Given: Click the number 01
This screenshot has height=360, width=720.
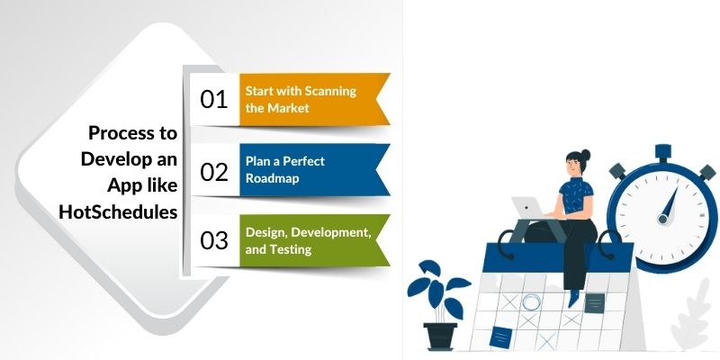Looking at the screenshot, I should click(214, 99).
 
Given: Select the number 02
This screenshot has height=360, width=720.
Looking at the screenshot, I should click(214, 171).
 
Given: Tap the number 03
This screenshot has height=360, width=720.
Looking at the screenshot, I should click(214, 240).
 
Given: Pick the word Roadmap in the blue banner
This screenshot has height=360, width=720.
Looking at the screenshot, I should click(273, 178).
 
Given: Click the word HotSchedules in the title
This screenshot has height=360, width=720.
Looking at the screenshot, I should click(117, 212).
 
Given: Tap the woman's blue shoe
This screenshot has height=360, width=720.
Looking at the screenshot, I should click(572, 297).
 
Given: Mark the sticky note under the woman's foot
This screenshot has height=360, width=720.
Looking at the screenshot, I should click(594, 302).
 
